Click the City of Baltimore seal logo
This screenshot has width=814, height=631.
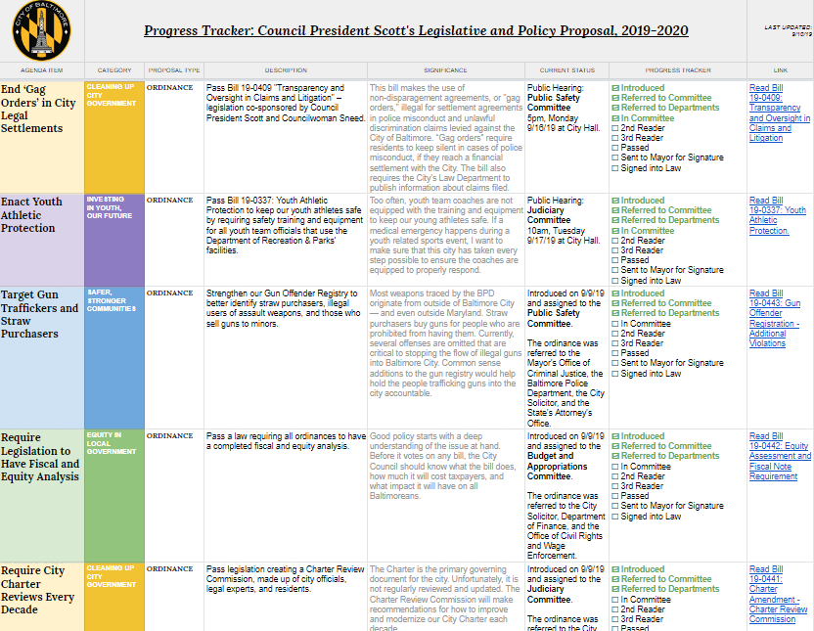coord(41,31)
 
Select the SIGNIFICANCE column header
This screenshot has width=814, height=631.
coord(445,70)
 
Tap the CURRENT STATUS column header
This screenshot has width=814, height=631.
coord(566,70)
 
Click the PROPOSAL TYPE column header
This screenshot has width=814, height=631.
coord(174,70)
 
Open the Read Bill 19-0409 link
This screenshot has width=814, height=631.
coord(779,113)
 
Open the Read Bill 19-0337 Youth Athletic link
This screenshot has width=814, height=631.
coord(777,215)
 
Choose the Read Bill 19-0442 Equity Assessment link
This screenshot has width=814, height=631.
coord(779,456)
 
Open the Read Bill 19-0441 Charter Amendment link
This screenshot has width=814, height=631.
coord(779,594)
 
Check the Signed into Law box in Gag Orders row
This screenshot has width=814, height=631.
coord(614,167)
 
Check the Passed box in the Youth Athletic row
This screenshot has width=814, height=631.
coord(614,260)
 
